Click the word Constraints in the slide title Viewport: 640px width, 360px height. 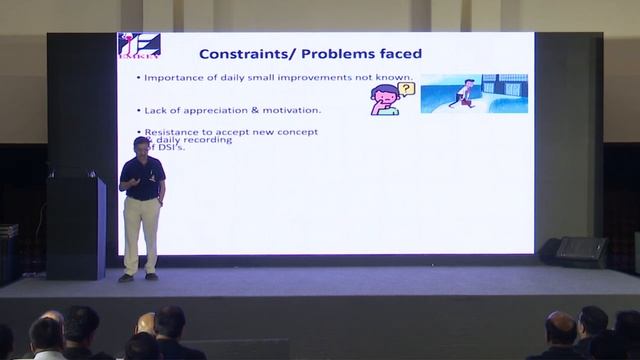click(x=238, y=53)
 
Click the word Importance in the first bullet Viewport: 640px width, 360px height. click(x=172, y=78)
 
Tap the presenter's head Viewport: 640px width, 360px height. click(x=139, y=147)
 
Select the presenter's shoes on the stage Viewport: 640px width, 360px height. click(x=138, y=277)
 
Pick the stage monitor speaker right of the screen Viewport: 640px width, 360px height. click(x=581, y=251)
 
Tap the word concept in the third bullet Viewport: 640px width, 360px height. click(x=299, y=132)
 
